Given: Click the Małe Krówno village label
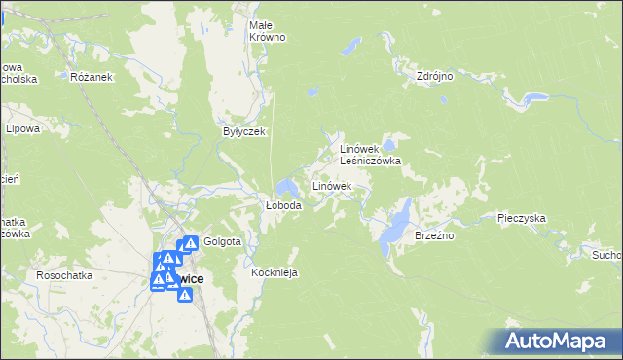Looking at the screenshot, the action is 267,30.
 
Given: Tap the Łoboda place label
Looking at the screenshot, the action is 284,206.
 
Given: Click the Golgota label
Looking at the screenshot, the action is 223,241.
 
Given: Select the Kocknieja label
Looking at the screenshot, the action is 274,273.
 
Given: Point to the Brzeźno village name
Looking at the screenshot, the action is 435,235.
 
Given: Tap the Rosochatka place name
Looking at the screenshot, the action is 64,275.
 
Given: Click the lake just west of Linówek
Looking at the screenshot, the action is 286,187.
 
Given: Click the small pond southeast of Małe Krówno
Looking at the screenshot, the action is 311,92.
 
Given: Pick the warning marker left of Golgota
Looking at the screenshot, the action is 191,243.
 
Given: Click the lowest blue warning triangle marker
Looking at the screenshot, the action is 184,294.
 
